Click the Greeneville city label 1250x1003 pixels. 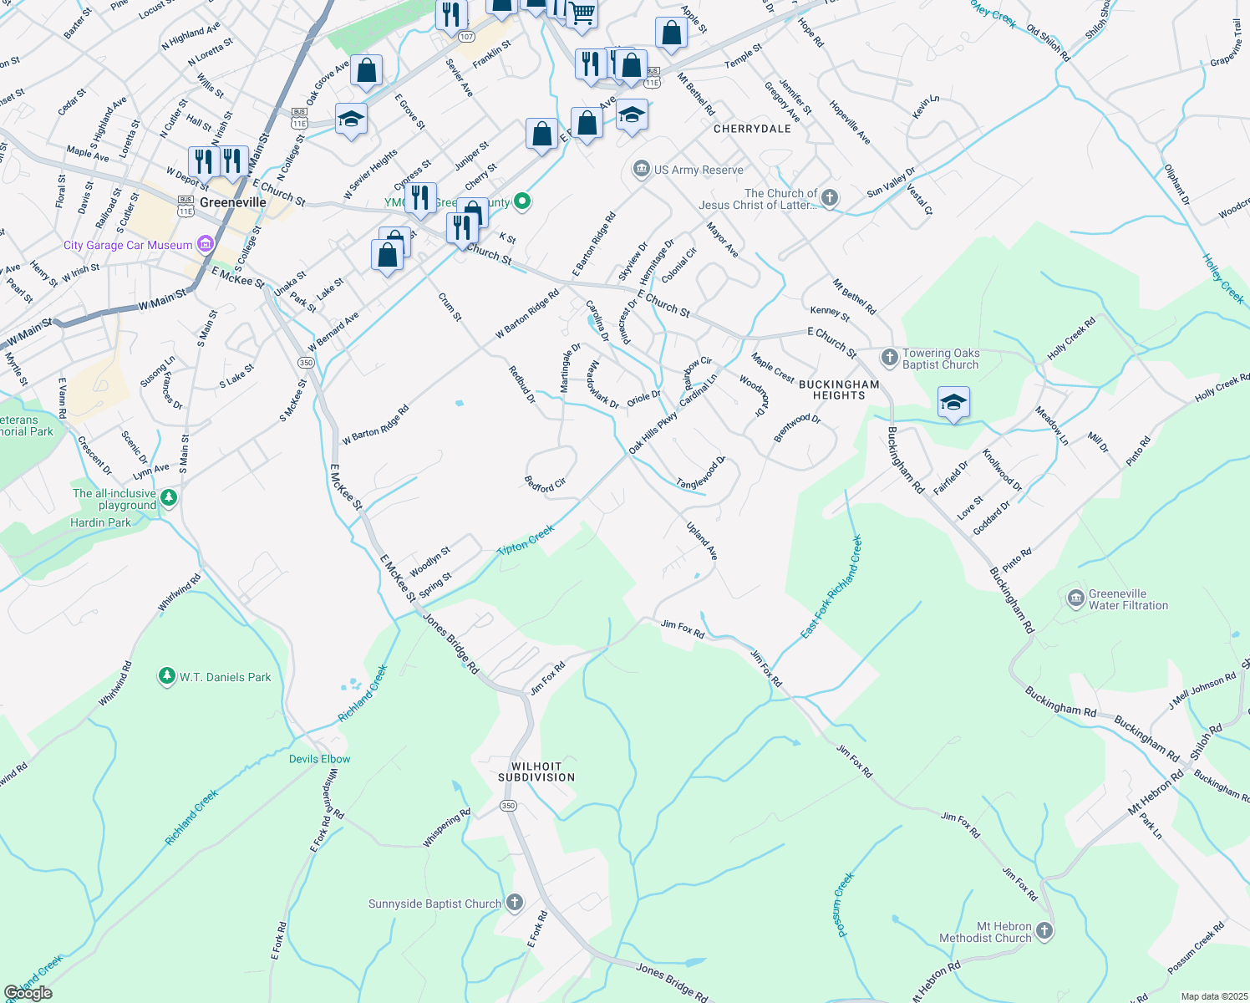coord(233,202)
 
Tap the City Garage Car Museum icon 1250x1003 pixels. coord(205,245)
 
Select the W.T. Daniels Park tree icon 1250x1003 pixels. coord(167,676)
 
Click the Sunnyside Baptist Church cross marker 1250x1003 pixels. coord(515,903)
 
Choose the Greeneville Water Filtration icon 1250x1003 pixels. coord(1076,598)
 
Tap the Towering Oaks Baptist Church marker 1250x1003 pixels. coord(889,358)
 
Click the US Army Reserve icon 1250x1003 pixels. coord(641,170)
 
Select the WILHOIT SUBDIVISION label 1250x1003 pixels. coord(536,771)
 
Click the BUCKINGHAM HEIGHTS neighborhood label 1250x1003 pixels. coord(839,389)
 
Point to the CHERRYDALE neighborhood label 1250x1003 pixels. coord(752,129)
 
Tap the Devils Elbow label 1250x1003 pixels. coord(319,759)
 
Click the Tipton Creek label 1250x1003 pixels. coord(526,540)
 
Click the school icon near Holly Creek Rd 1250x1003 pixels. coord(953,403)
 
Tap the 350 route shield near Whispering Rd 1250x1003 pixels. coord(509,806)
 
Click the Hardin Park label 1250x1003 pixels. coord(100,522)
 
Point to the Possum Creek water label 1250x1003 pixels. coord(845,904)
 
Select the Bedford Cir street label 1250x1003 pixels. coord(545,485)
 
